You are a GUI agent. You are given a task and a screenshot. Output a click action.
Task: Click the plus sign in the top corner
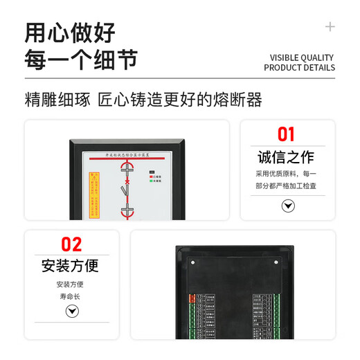(330, 27)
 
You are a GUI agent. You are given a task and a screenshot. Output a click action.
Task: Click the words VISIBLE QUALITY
(301, 57)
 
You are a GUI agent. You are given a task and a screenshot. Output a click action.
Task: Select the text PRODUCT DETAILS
(299, 68)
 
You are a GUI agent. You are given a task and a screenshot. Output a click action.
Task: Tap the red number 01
(287, 134)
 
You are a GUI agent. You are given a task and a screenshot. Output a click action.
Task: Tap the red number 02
(71, 244)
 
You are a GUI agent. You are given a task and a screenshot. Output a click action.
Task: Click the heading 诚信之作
(287, 156)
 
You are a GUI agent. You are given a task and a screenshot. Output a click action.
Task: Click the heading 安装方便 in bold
(71, 265)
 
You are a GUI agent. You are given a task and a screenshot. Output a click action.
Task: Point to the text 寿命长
(71, 296)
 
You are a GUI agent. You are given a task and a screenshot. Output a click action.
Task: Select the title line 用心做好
(70, 33)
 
